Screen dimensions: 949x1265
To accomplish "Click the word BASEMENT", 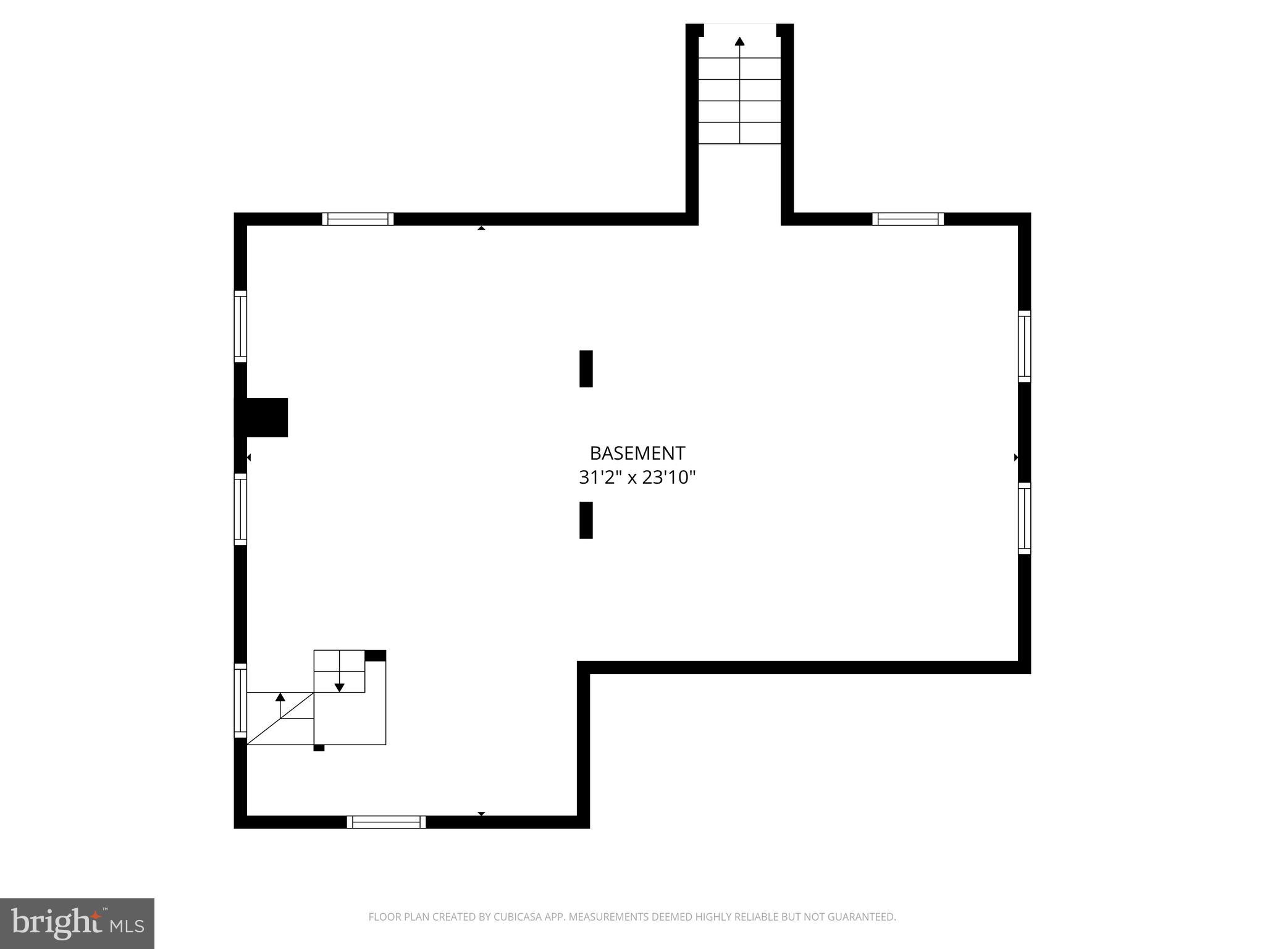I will coord(637,453).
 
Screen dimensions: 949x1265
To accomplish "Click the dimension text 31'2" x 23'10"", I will coord(637,478).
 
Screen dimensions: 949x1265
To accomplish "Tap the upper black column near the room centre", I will coord(586,369).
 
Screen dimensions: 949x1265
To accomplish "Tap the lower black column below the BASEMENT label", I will coord(586,520).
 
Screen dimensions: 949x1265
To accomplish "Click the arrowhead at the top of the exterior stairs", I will coord(739,41).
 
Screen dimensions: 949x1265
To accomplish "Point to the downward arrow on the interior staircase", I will coord(339,687).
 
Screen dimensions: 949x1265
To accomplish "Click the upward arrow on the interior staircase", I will coord(280,697).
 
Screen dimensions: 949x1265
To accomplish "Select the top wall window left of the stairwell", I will coord(358,219).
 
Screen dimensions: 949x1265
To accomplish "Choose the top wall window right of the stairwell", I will coord(908,219).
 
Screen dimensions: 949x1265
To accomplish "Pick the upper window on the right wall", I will coord(1024,346).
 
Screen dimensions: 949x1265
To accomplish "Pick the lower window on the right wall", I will coord(1024,518).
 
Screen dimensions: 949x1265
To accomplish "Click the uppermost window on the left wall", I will coord(240,326).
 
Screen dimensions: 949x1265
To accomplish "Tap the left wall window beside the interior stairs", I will coord(240,700).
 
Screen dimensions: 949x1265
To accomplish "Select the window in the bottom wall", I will coord(386,822).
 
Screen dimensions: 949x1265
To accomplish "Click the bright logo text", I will coord(56,923).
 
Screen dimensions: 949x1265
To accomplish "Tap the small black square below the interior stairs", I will coord(319,748).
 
